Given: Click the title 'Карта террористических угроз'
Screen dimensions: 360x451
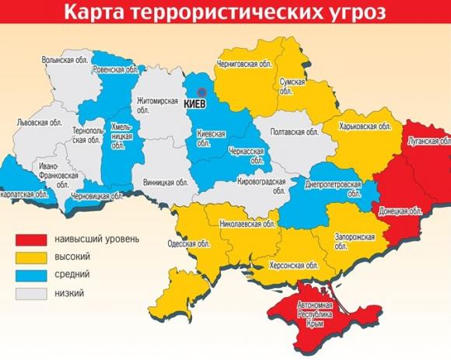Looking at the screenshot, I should (225, 13).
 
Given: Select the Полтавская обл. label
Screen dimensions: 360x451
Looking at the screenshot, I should (292, 133).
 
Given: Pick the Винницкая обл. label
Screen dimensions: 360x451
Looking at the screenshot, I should (166, 183).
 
